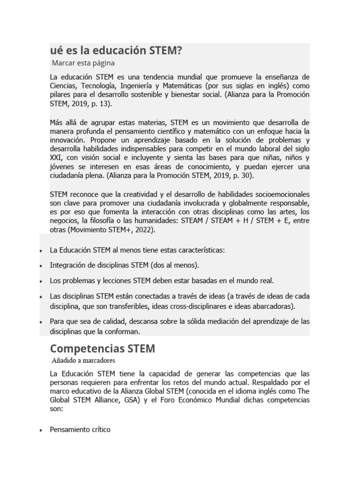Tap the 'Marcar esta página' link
(83, 62)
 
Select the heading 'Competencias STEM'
(102, 349)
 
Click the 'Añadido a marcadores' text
(83, 360)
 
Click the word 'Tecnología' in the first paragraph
(98, 86)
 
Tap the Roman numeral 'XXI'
(55, 157)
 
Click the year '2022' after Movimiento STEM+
(144, 230)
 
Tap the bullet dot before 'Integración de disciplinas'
(42, 266)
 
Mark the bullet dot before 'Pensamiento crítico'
(42, 430)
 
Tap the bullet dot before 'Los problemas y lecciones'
(42, 281)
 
